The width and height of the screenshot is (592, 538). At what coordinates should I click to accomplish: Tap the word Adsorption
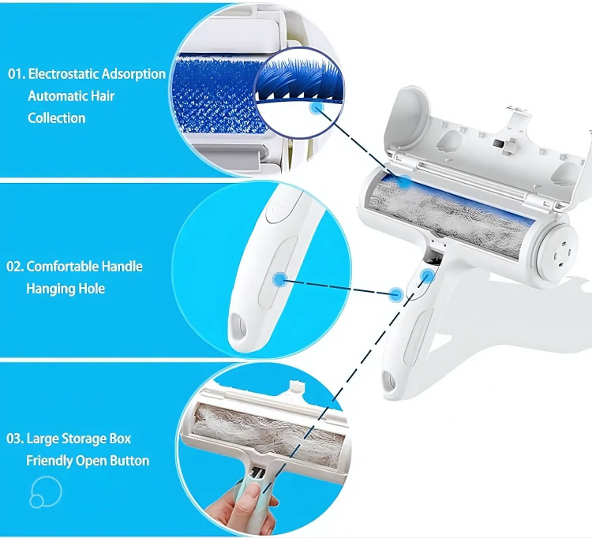pos(133,74)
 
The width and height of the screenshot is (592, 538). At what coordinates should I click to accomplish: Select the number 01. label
pos(17,74)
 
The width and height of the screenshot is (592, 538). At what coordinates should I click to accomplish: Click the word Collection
pos(57,118)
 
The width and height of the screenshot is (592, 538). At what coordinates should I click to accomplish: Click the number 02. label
pos(15,267)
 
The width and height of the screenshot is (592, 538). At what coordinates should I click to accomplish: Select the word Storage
pos(84,439)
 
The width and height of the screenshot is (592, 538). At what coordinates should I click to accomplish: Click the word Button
pos(129,461)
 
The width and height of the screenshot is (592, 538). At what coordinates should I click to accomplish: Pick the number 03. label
pos(15,439)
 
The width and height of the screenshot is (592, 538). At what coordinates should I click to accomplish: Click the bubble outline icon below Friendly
pos(46,491)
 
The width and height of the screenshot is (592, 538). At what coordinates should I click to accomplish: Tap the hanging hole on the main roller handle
pos(390,382)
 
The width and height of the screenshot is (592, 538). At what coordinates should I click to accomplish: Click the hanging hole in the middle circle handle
pos(238,326)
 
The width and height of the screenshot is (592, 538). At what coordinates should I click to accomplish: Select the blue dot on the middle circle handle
pos(279,279)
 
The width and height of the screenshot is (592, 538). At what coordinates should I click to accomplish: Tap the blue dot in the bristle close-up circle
pos(317,109)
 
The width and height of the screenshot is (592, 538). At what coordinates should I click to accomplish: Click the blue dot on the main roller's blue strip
pos(404,182)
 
